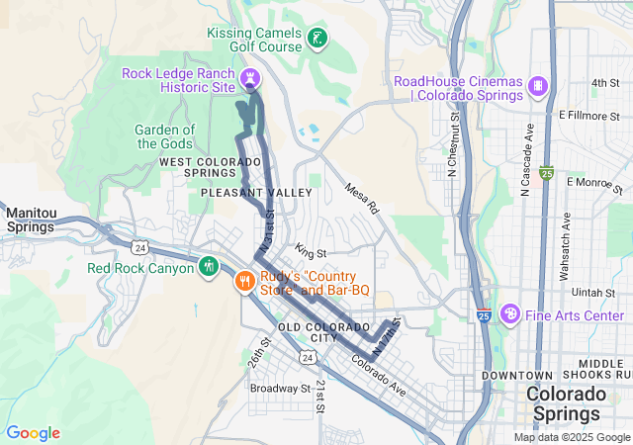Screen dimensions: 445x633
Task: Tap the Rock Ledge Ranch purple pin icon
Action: (x=251, y=76)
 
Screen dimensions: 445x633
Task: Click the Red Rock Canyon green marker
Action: (x=208, y=267)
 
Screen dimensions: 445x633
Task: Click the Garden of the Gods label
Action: (x=165, y=136)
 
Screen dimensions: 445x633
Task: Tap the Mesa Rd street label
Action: (x=362, y=198)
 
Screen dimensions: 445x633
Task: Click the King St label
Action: (x=310, y=253)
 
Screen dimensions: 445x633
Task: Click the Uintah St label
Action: (x=593, y=293)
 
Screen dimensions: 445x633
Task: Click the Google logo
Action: (x=34, y=433)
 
